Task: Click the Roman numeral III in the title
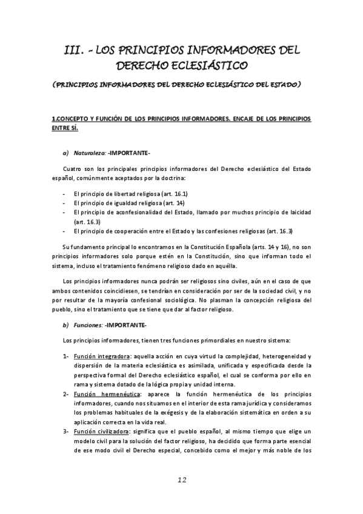76,48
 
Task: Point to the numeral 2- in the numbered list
67,394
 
